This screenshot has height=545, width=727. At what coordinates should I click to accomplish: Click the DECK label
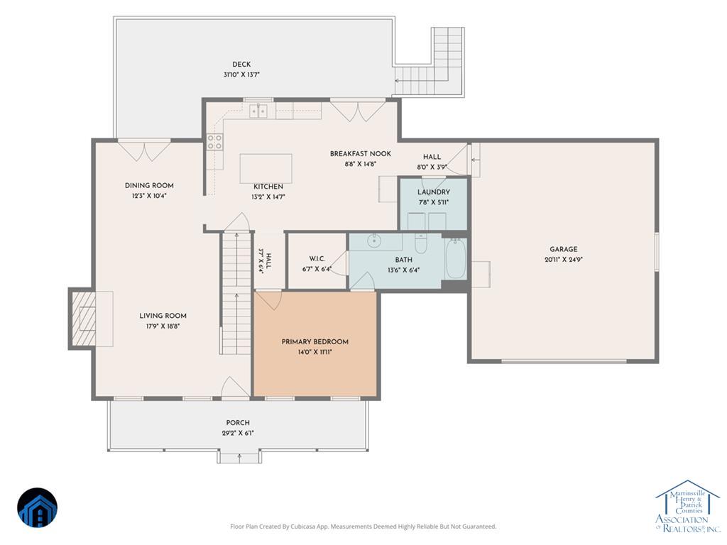pyautogui.click(x=241, y=65)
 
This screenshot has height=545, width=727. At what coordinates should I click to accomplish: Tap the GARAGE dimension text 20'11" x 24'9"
pyautogui.click(x=563, y=260)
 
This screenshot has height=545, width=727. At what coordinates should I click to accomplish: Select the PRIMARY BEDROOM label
pyautogui.click(x=315, y=341)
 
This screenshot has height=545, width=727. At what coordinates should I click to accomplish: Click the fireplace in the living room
pyautogui.click(x=82, y=319)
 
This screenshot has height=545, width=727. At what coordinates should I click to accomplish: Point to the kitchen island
pyautogui.click(x=266, y=169)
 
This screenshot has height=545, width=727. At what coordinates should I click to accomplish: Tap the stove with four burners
pyautogui.click(x=214, y=142)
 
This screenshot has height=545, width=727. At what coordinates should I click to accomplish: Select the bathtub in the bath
pyautogui.click(x=455, y=258)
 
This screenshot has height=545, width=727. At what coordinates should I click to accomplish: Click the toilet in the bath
pyautogui.click(x=420, y=243)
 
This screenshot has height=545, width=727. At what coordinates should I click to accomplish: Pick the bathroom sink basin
pyautogui.click(x=373, y=241)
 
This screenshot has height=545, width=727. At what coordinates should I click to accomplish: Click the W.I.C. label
pyautogui.click(x=317, y=258)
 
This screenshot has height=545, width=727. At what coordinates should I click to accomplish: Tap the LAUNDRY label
pyautogui.click(x=434, y=192)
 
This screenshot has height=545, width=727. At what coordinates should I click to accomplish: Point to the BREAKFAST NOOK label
pyautogui.click(x=360, y=153)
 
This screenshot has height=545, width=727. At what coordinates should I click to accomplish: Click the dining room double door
pyautogui.click(x=145, y=151)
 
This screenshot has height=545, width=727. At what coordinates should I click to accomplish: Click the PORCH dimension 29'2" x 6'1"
pyautogui.click(x=238, y=434)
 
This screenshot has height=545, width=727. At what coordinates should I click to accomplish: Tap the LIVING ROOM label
pyautogui.click(x=163, y=316)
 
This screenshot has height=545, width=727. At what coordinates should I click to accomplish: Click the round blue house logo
pyautogui.click(x=37, y=508)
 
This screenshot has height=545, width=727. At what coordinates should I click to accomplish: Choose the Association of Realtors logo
pyautogui.click(x=687, y=506)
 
